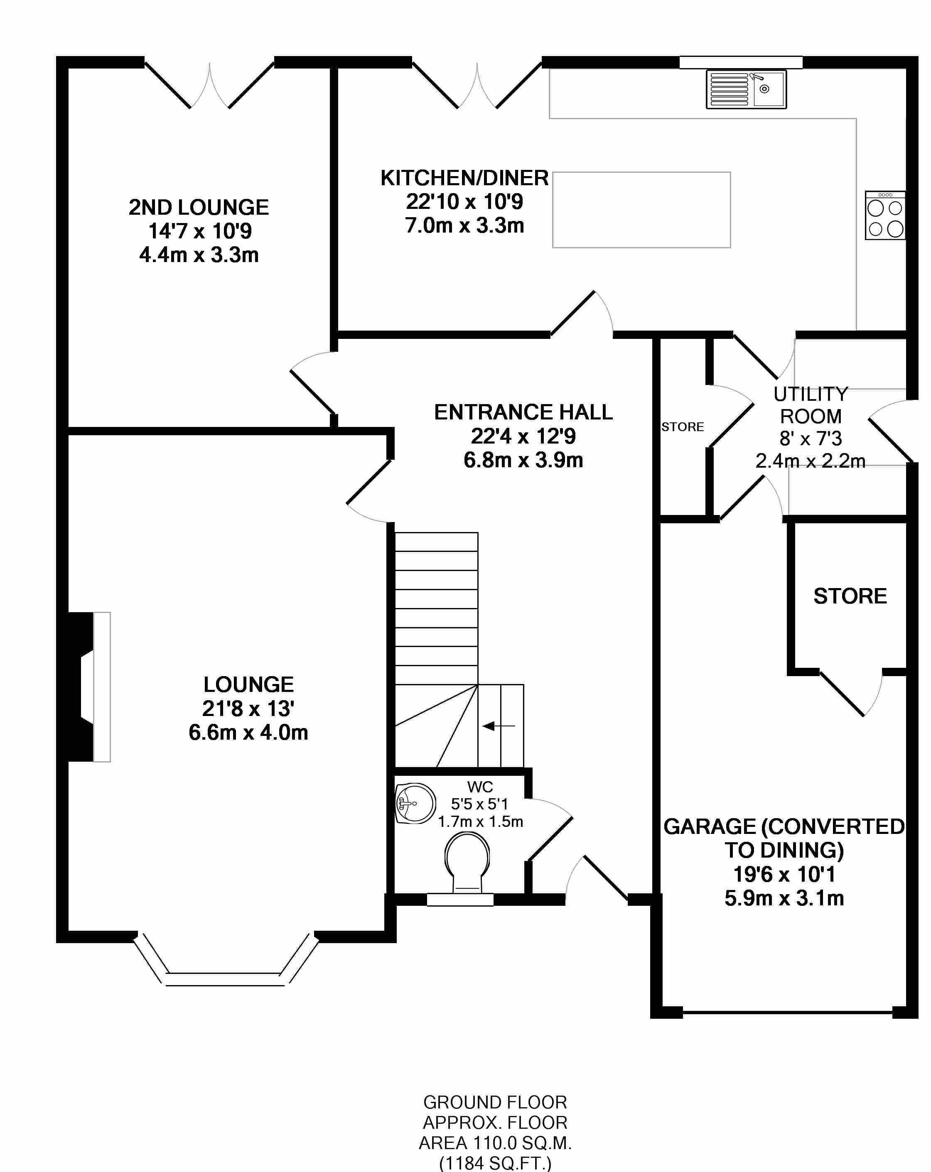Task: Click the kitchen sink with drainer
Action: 746,89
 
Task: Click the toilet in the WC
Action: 467,864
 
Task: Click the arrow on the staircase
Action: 498,726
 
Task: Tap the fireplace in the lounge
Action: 87,687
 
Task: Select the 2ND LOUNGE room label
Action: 199,208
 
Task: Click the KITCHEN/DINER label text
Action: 464,178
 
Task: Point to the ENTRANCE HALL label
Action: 523,412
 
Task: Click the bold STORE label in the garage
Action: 850,596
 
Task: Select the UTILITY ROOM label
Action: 810,405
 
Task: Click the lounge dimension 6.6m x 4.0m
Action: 248,733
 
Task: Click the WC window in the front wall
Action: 459,900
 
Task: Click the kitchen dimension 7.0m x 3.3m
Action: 464,225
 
